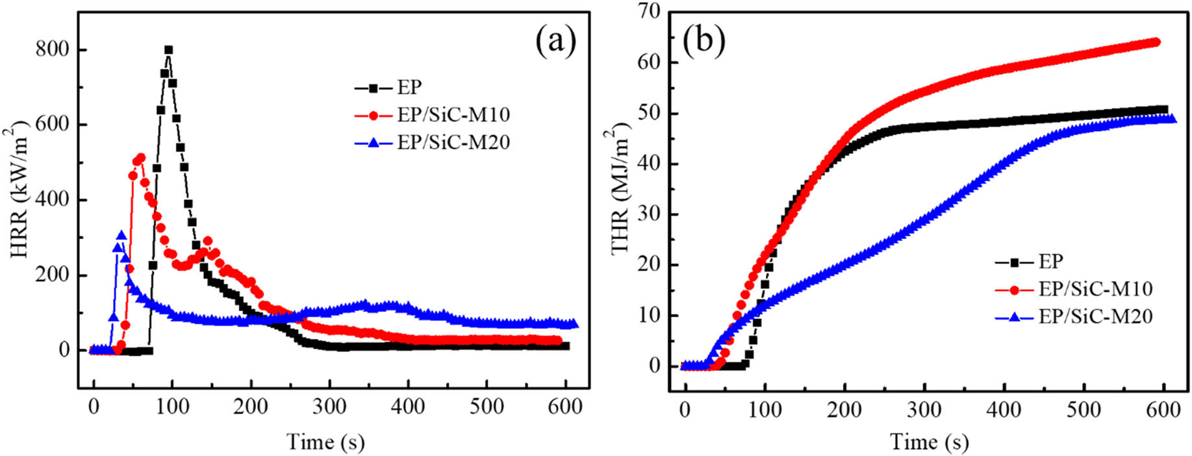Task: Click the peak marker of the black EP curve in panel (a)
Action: [168, 50]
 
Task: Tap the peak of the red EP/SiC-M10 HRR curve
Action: [140, 158]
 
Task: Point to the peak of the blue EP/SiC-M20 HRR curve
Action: [121, 236]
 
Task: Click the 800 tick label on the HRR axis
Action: [53, 50]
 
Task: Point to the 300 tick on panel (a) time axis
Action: [329, 407]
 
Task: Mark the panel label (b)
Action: [704, 41]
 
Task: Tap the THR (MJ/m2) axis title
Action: [621, 188]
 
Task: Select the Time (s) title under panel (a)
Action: [325, 442]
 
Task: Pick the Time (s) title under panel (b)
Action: [929, 442]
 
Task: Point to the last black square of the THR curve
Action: [1163, 110]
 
